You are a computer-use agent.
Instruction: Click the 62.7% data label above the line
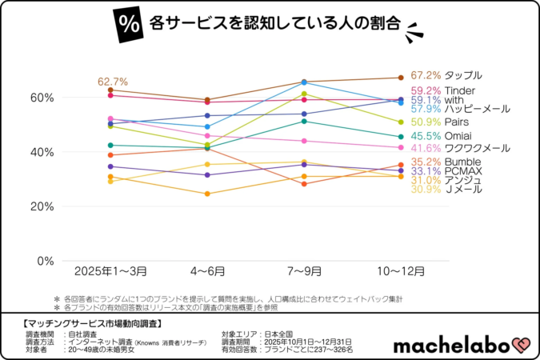(113, 82)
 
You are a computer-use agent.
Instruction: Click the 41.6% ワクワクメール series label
(459, 149)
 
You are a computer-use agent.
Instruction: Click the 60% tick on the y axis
(42, 98)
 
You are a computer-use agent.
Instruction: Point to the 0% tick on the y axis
(45, 261)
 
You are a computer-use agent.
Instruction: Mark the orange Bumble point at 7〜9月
(304, 184)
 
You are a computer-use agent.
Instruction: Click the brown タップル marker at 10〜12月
(401, 78)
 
